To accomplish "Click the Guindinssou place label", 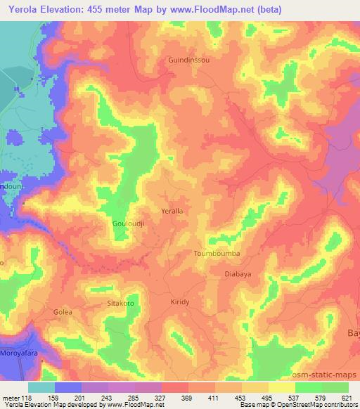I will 188,60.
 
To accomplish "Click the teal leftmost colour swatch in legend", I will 41,387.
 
